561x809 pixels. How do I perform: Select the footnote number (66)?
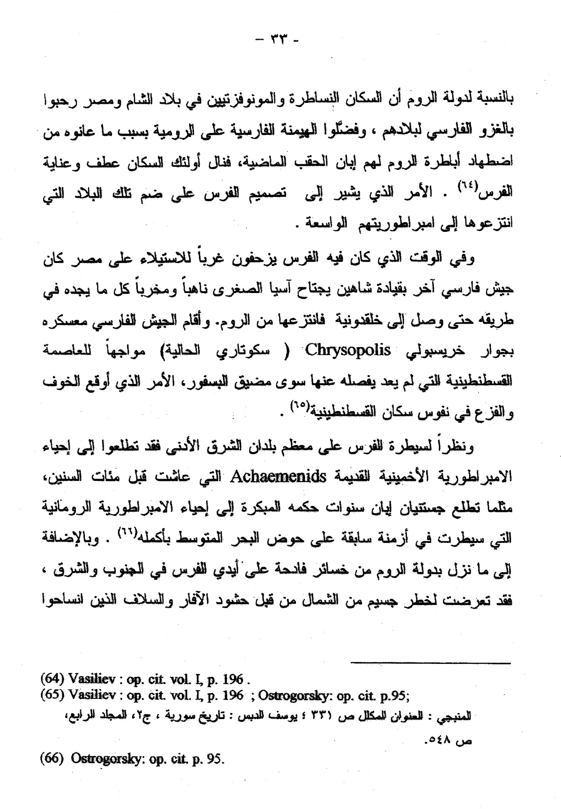coord(53,760)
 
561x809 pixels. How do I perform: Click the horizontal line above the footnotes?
coord(430,663)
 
